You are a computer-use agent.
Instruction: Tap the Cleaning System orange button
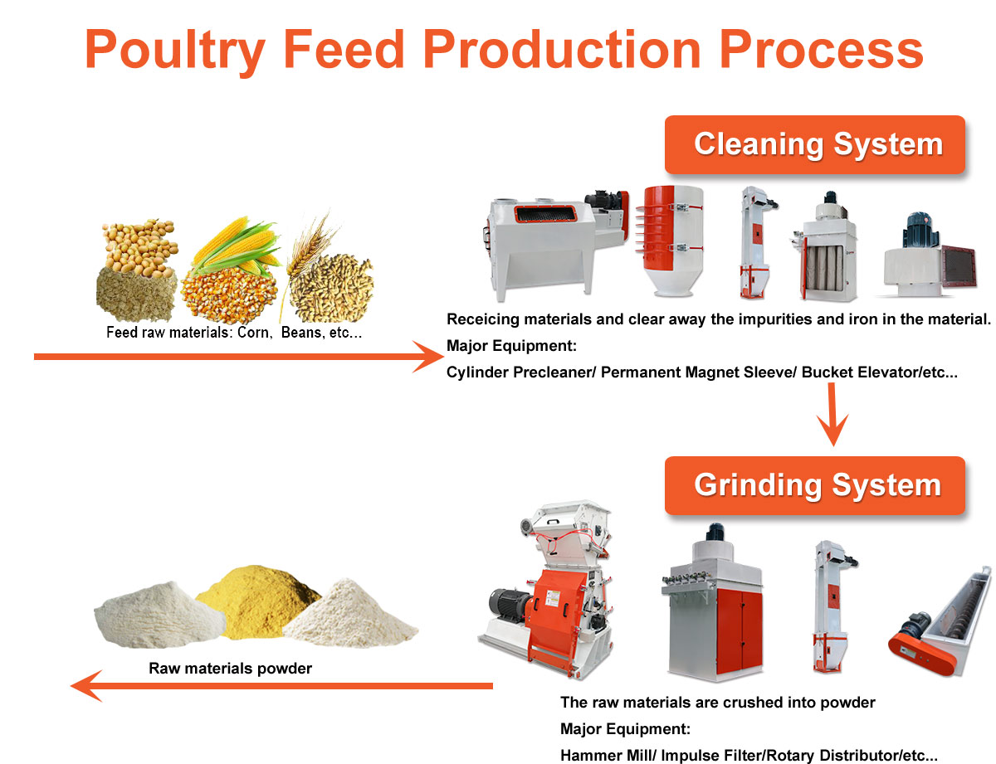[818, 144]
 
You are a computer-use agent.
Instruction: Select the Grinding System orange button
[818, 485]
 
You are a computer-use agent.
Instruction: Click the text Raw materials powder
[230, 668]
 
